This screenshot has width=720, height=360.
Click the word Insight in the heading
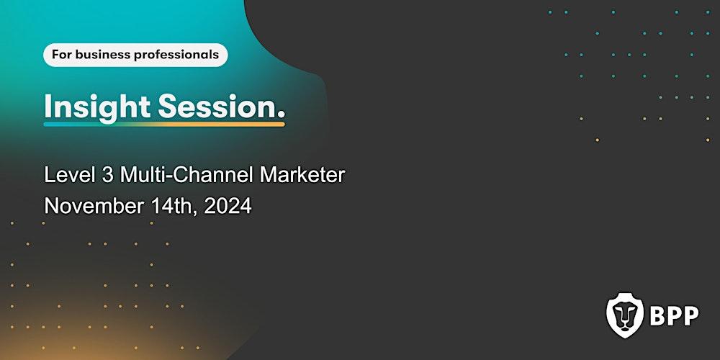(x=97, y=107)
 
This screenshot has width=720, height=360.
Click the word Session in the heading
(x=216, y=107)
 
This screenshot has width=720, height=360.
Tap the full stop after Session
(x=281, y=115)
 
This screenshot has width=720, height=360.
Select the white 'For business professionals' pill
(x=135, y=55)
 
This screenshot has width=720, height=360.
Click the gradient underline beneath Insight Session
(x=164, y=125)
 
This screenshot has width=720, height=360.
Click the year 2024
(x=228, y=207)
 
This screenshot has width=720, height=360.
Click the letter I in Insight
(x=48, y=107)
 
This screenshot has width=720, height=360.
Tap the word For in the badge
(x=61, y=55)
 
